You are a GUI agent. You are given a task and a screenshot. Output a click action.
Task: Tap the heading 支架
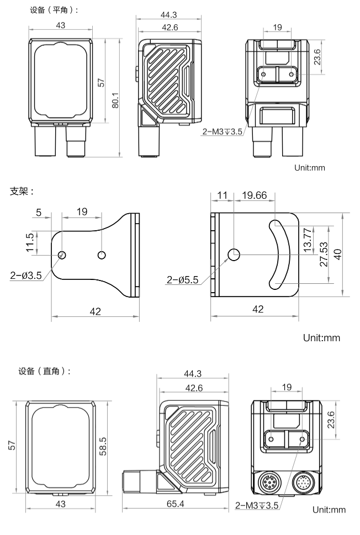pyautogui.click(x=23, y=192)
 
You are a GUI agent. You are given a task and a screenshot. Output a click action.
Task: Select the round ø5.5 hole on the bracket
pyautogui.click(x=234, y=255)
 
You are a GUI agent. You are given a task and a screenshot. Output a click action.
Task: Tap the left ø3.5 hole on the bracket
pyautogui.click(x=62, y=255)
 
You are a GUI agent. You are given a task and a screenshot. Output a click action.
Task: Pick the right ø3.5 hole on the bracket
pyautogui.click(x=102, y=255)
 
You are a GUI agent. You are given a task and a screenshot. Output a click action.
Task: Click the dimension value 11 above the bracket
pyautogui.click(x=223, y=195)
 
